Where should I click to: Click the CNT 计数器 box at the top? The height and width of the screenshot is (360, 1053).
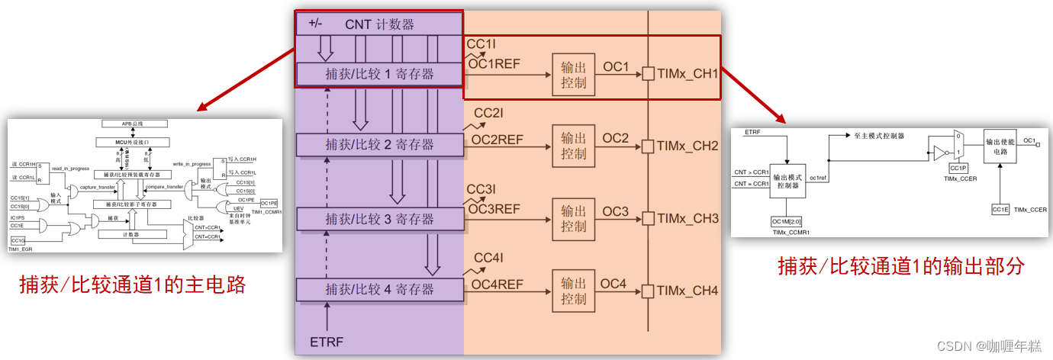tap(379, 24)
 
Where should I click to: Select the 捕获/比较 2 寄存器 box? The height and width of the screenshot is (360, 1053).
tap(379, 145)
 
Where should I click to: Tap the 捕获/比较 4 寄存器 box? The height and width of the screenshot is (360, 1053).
tap(379, 290)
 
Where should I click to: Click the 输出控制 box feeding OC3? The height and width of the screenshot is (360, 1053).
tap(573, 218)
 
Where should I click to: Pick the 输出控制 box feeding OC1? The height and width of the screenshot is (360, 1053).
tap(573, 75)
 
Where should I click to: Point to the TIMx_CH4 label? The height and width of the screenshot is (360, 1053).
tap(688, 291)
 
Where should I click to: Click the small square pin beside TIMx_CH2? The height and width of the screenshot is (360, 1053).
tap(648, 146)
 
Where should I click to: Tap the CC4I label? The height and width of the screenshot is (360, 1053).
tap(488, 259)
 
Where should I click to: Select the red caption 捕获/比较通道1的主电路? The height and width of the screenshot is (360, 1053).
tap(133, 285)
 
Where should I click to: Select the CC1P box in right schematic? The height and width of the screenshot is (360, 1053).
tap(958, 167)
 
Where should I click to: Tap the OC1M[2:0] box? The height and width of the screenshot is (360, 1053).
tap(788, 221)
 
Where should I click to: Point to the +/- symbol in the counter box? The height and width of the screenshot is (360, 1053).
tap(316, 24)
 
